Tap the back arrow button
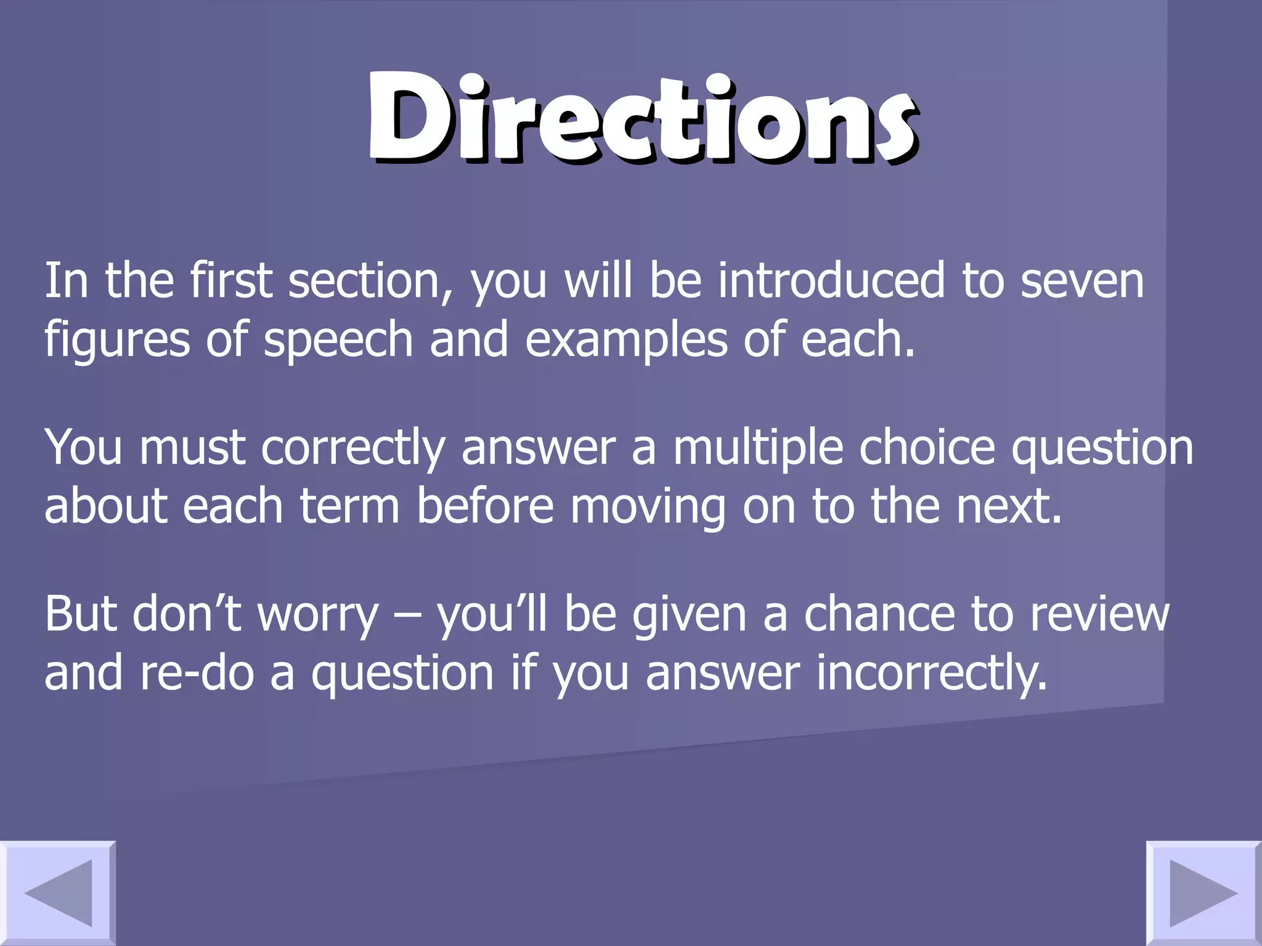point(58,893)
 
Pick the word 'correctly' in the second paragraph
point(353,448)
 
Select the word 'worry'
point(318,615)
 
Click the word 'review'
point(1099,613)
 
